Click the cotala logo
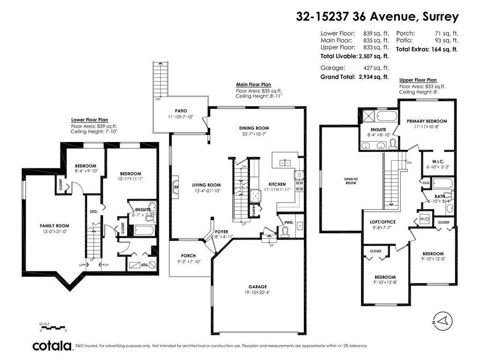[x=52, y=346]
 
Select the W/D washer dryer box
[x=424, y=219]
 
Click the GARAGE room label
[x=257, y=286]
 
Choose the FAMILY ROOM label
[x=51, y=226]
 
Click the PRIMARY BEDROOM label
[x=427, y=121]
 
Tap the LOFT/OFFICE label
[x=380, y=222]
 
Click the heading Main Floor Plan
[x=253, y=85]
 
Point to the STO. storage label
[x=93, y=211]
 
